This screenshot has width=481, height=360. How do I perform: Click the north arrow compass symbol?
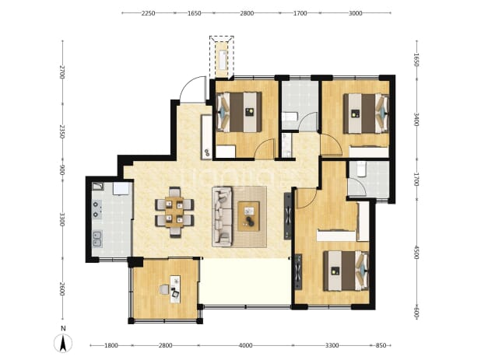pos(63,344)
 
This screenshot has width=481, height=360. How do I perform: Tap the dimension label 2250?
pos(148,13)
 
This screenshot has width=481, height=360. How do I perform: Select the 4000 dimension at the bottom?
pos(245,345)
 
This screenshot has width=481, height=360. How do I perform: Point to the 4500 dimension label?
pos(416,252)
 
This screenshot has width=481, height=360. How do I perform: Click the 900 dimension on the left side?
pos(62,171)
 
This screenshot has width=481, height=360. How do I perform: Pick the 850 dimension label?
pos(381,345)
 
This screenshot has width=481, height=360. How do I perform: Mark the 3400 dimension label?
pos(416,120)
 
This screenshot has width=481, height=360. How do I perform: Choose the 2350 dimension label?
pos(62,131)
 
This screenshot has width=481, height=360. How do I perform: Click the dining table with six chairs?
pos(174,212)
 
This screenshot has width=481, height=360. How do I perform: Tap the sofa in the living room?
pos(222,217)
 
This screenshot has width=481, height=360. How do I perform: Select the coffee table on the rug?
pos(249,216)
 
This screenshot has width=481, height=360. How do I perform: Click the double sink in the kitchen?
pos(97,239)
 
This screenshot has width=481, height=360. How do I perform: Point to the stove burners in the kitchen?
pos(97,209)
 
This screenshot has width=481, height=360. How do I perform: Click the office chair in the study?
pos(164,289)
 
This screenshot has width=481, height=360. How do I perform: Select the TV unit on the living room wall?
pos(288,216)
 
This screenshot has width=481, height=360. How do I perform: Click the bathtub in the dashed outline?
pos(222,60)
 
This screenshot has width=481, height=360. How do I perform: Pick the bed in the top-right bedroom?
pos(366,114)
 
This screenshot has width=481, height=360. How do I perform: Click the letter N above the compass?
pos(63,329)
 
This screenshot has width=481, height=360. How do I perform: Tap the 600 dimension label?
pos(416,313)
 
